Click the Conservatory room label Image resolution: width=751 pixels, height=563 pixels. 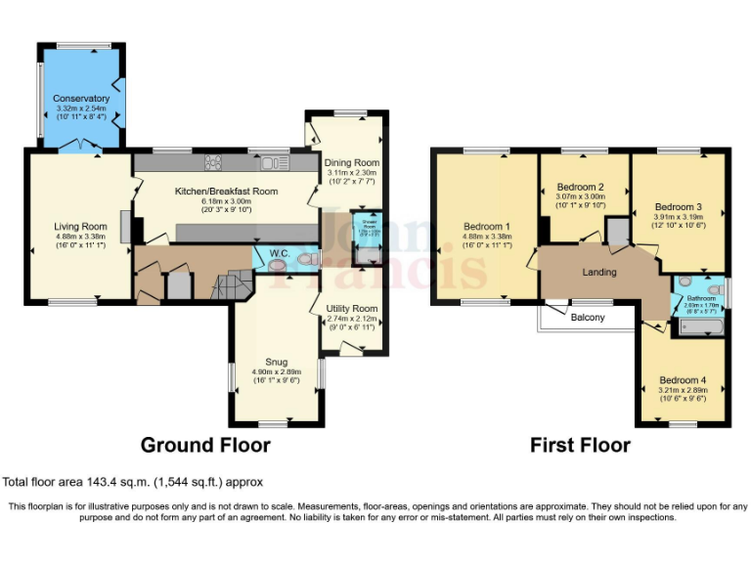[81, 99]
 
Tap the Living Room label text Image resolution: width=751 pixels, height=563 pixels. [80, 227]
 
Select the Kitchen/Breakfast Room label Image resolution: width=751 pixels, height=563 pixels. [226, 192]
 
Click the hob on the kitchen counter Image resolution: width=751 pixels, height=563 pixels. [212, 162]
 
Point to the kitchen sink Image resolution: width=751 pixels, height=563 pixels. [271, 162]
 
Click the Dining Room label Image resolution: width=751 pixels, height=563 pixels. [352, 162]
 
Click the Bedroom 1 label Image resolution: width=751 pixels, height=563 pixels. [486, 227]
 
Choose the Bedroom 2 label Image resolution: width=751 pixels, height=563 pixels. [579, 187]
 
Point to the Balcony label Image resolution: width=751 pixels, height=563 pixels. [588, 318]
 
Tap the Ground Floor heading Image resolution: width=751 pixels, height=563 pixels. [205, 446]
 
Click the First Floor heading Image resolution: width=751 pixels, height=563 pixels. [580, 446]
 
